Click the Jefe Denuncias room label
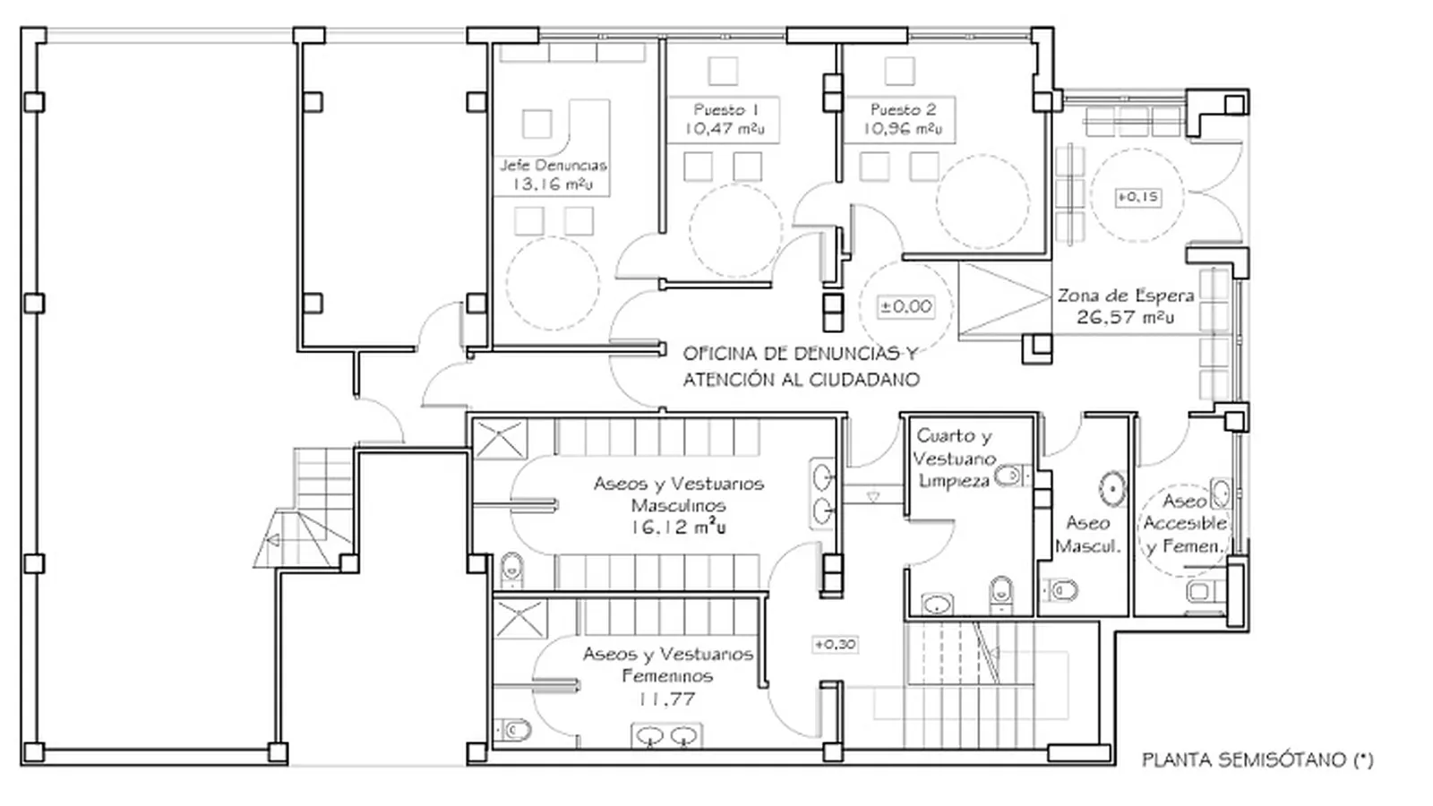[x=553, y=166]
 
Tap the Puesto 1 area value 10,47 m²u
[x=725, y=129]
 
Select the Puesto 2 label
[x=904, y=109]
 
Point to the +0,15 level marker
[x=1138, y=197]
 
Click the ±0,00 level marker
[x=905, y=306]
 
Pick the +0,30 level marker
[x=835, y=644]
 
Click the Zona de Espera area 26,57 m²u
[x=1125, y=317]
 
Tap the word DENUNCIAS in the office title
[x=844, y=353]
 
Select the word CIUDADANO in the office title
[x=864, y=380]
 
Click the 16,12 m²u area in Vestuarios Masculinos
[x=678, y=527]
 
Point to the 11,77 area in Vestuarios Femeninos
[x=667, y=699]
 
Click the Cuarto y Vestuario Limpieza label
[x=955, y=458]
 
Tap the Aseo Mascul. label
[x=1087, y=535]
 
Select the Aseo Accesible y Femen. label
[x=1185, y=523]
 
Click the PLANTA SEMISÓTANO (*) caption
[x=1257, y=760]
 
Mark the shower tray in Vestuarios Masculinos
[x=501, y=440]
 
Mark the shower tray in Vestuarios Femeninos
[x=520, y=619]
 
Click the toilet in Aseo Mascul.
[x=1060, y=590]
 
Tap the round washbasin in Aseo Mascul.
[x=1113, y=489]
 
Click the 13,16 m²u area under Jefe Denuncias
[x=553, y=184]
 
